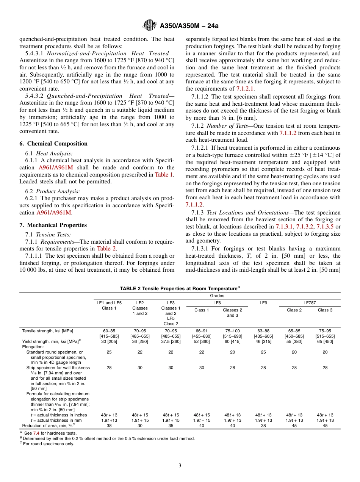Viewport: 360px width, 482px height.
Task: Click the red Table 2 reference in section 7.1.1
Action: (107, 249)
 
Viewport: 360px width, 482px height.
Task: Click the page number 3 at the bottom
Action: (180, 466)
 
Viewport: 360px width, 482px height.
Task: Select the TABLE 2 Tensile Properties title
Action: (180, 289)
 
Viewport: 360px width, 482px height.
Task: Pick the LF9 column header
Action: (263, 303)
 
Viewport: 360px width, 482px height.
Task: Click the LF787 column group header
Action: (309, 303)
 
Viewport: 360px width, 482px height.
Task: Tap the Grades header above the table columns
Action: (217, 296)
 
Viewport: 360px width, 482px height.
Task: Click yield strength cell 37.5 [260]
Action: (171, 341)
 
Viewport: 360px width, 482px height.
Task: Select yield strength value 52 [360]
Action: (202, 341)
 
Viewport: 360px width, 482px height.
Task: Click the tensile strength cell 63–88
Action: (263, 331)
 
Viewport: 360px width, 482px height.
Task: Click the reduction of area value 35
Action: (171, 426)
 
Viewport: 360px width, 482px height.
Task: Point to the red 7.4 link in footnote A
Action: (36, 433)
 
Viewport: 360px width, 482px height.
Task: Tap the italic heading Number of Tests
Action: (225, 126)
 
